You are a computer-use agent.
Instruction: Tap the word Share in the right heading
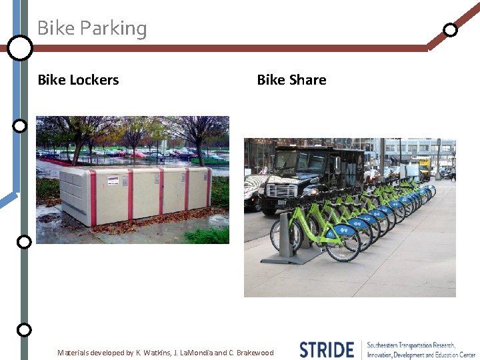tap(309, 80)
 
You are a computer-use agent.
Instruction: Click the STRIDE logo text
tap(327, 349)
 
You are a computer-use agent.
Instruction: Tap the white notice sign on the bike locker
tap(113, 180)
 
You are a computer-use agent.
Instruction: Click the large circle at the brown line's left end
tap(20, 48)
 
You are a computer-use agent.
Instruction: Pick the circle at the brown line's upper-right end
tap(451, 29)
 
